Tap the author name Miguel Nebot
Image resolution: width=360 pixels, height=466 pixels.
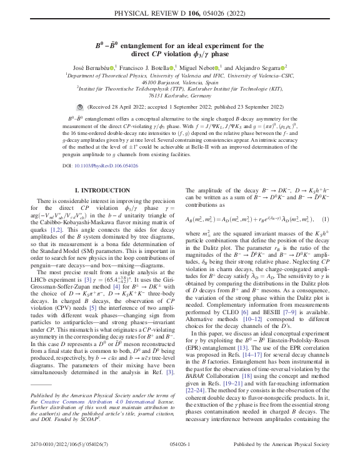tap(202, 67)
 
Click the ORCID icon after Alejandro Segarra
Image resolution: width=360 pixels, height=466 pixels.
tap(284, 67)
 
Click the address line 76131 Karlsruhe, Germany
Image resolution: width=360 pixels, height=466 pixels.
tap(180, 96)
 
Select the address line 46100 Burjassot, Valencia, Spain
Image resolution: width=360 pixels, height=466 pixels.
tap(180, 82)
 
